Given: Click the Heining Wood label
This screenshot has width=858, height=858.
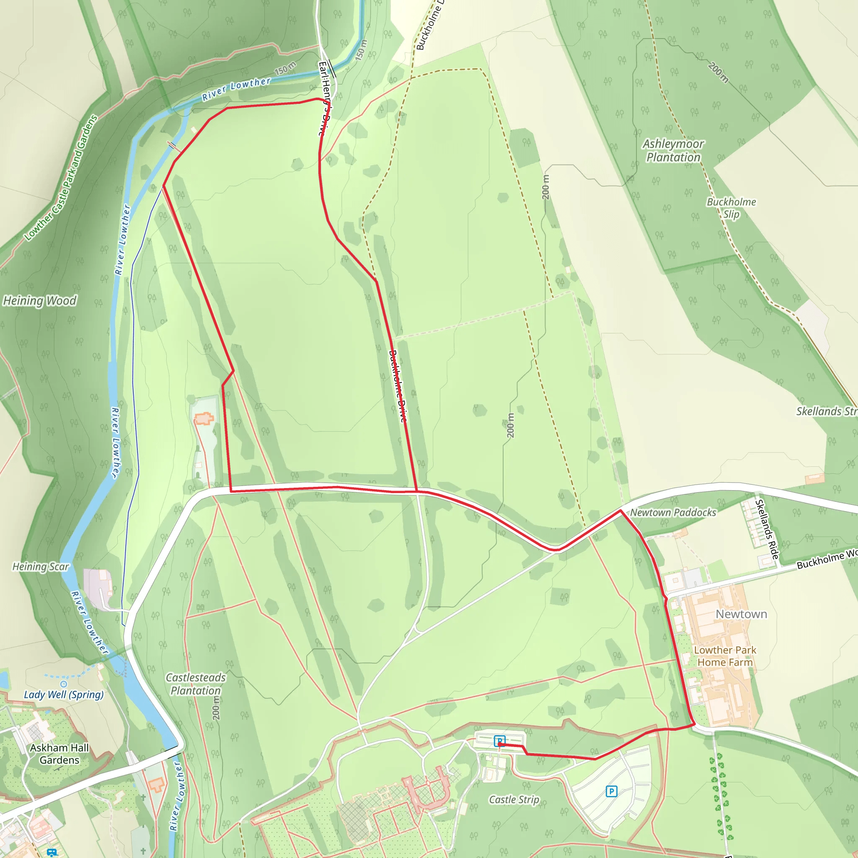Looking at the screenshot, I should [x=40, y=301].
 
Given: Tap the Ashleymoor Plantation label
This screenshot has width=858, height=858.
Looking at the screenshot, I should [x=673, y=150].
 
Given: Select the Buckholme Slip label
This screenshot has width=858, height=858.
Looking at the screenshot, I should [x=731, y=208].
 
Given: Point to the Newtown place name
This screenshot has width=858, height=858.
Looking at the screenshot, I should [x=741, y=614].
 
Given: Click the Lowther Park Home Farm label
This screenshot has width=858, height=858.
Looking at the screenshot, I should [x=725, y=656].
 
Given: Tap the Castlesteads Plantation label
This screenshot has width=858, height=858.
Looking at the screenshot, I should [x=195, y=684].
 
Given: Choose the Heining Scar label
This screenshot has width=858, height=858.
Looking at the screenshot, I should [x=40, y=567].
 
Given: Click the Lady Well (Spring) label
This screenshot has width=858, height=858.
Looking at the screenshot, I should [x=64, y=695].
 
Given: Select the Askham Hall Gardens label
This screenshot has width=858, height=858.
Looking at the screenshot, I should [x=59, y=754].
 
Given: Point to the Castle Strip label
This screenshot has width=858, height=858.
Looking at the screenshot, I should [x=514, y=799].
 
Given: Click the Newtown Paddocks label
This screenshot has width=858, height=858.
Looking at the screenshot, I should [x=673, y=512].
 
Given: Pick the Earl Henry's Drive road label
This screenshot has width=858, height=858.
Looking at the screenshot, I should [x=325, y=98].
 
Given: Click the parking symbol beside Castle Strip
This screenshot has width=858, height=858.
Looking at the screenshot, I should [x=611, y=791].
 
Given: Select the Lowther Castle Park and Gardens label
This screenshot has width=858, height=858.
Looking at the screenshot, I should [x=61, y=178].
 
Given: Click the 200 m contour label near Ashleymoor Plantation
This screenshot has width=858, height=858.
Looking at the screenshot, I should [x=718, y=72].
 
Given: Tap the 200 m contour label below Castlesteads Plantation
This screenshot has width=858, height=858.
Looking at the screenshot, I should [x=216, y=708].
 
